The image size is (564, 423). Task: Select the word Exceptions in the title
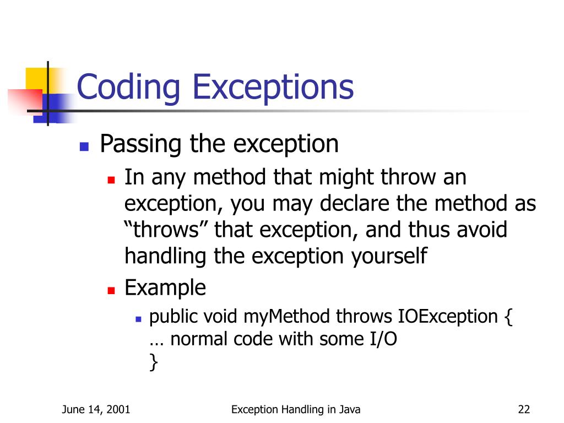pyautogui.click(x=270, y=88)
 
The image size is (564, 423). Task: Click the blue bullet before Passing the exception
pyautogui.click(x=84, y=147)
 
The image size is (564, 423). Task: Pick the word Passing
pyautogui.click(x=140, y=145)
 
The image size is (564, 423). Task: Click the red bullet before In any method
pyautogui.click(x=111, y=180)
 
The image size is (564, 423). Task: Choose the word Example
pyautogui.click(x=165, y=288)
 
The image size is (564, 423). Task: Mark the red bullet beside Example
pyautogui.click(x=111, y=290)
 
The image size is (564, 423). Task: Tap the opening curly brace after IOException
pyautogui.click(x=508, y=317)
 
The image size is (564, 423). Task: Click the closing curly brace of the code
pyautogui.click(x=153, y=362)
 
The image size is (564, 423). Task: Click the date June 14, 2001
pyautogui.click(x=96, y=409)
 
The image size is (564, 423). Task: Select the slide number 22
pyautogui.click(x=523, y=409)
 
